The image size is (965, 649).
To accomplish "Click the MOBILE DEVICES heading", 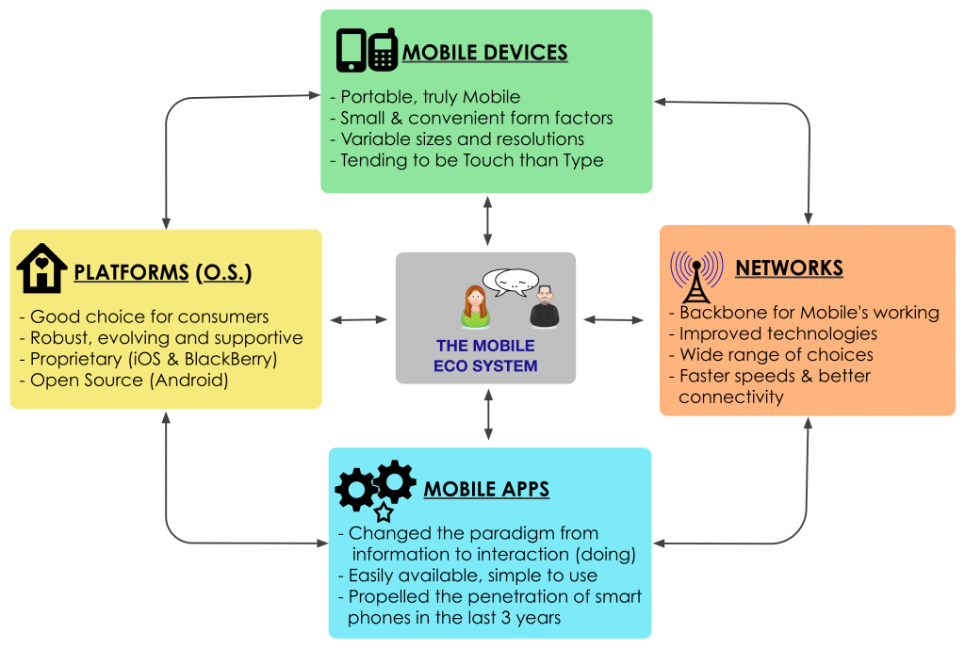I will point(484,53).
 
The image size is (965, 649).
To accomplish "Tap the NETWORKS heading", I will point(789,268).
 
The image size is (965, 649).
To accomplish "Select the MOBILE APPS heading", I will point(486,490).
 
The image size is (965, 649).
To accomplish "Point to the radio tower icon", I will point(695,274).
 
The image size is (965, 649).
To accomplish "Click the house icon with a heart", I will point(41,269).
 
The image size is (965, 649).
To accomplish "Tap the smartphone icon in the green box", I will point(351,51).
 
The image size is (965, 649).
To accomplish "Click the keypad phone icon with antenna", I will point(382,50).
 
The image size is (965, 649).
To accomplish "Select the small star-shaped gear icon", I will point(384,512).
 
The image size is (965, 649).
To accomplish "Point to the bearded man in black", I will point(544,307).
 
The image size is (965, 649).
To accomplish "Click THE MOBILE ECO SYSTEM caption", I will point(485,356).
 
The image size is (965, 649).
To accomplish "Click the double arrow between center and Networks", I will point(613,320).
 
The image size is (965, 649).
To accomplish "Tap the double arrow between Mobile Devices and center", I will point(487,221).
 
